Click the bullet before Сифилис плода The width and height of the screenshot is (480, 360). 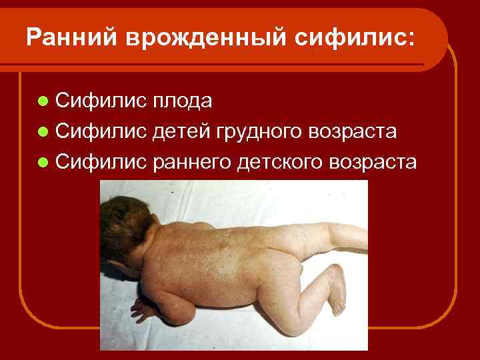point(43,101)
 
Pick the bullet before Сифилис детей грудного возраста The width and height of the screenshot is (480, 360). point(43,132)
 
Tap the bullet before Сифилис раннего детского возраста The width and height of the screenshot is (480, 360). point(43,163)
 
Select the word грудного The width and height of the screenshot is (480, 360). point(259,132)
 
